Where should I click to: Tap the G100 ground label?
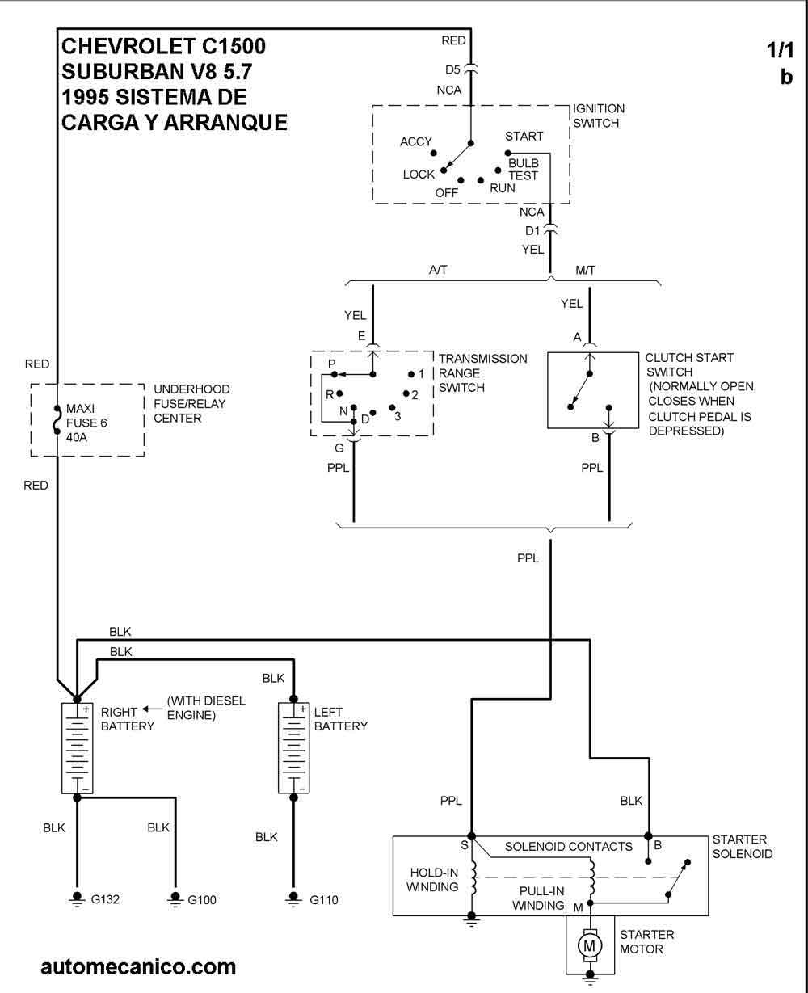pos(203,898)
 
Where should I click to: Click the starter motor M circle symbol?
pos(590,944)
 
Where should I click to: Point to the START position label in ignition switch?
pos(524,136)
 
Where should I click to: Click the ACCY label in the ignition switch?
pos(416,142)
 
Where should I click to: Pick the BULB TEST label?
pos(523,169)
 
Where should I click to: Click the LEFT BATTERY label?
pos(340,719)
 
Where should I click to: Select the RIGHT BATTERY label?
pos(127,719)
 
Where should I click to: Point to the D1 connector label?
pos(532,231)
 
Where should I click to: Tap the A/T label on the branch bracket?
pos(438,271)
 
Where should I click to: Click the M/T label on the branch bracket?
pos(584,271)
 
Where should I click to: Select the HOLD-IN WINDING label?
pos(433,879)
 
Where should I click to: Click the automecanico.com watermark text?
pos(138,966)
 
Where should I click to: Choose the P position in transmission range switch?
pos(332,365)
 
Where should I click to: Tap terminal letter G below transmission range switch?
pos(339,447)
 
